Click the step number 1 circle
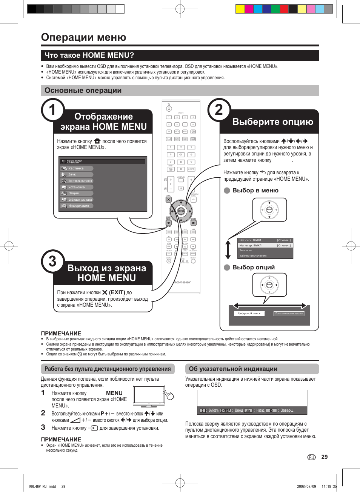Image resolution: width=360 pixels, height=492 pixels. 52,110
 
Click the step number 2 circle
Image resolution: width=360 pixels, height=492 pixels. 219,110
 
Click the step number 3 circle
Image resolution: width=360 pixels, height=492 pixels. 52,261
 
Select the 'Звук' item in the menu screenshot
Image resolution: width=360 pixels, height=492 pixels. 72,175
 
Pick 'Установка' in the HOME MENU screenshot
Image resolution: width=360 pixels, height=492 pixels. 77,187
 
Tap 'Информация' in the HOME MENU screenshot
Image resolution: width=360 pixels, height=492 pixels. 78,206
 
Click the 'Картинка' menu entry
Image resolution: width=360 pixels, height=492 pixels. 76,169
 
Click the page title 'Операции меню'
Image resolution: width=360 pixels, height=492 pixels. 83,37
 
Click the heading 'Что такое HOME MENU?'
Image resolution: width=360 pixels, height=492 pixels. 89,55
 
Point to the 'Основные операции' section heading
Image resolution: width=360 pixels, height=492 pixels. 83,91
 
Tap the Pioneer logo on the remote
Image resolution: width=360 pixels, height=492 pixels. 182,282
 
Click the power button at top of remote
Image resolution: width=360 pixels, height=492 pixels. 169,109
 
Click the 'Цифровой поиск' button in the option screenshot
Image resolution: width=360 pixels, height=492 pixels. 249,314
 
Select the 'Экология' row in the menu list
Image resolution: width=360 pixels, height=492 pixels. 246,251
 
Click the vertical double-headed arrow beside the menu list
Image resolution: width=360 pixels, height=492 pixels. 228,250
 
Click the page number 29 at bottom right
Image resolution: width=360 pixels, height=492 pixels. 325,457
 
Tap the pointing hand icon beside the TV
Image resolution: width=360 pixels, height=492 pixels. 169,395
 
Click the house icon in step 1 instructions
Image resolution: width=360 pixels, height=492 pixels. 97,141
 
